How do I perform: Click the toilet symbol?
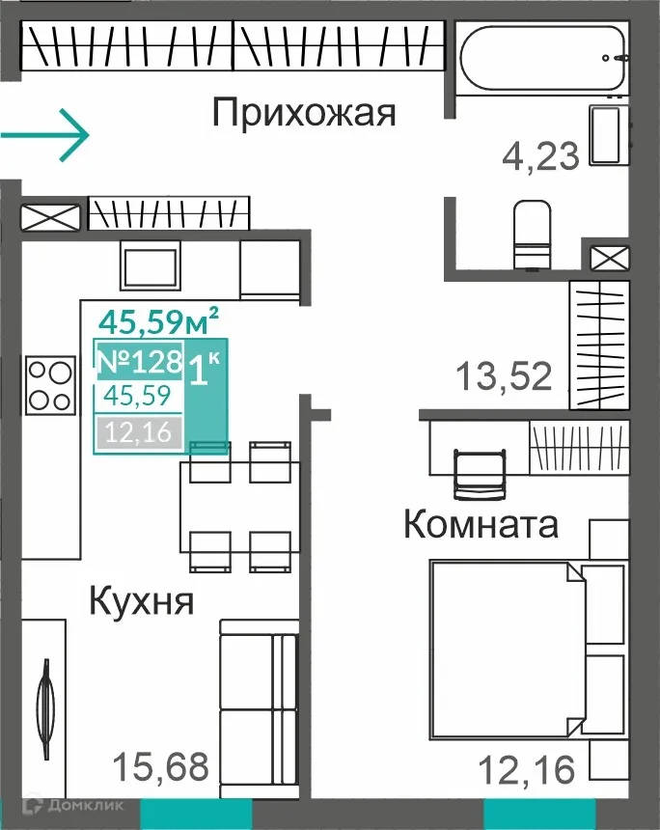[x=532, y=235]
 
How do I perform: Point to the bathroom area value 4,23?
[x=540, y=154]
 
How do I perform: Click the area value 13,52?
[x=504, y=375]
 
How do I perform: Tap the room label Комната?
[x=480, y=526]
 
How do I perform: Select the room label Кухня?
[x=142, y=600]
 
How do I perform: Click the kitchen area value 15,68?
[x=162, y=767]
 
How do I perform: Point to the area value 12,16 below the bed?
[x=527, y=769]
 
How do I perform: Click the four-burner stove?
[x=49, y=385]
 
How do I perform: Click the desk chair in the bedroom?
[x=480, y=474]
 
